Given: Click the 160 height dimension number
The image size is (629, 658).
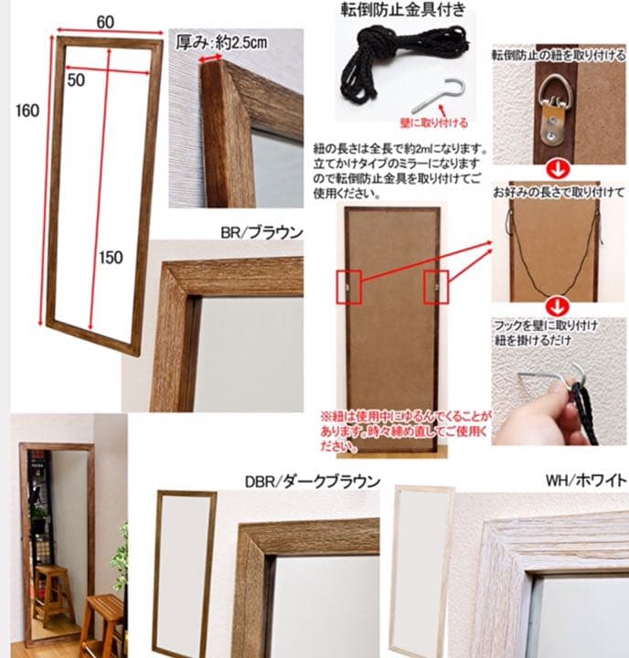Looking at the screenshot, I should (x=27, y=111).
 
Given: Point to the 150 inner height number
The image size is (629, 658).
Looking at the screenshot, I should (x=110, y=258).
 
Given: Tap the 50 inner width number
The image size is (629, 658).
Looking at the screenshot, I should (x=75, y=80).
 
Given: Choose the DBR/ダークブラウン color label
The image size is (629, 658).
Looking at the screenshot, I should (x=312, y=482).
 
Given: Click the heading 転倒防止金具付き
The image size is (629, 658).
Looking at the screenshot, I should (x=403, y=12).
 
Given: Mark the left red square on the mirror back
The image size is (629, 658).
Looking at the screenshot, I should (x=352, y=287).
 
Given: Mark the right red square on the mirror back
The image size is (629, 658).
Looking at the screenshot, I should (x=434, y=287).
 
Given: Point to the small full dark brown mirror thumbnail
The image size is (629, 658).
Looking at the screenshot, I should (x=185, y=571).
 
